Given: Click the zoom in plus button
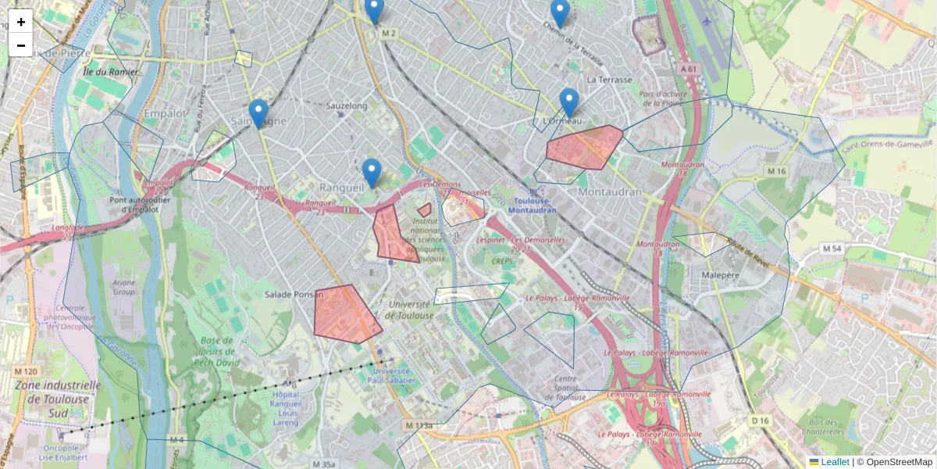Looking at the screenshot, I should [x=21, y=21].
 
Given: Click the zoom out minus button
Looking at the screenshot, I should [x=21, y=45].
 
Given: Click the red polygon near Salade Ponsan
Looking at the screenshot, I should [x=345, y=313].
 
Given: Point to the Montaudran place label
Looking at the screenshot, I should [x=610, y=192].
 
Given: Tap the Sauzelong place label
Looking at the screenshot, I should [x=347, y=106].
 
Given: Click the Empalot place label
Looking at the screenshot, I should [x=166, y=113].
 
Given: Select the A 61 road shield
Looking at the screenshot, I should [x=687, y=69].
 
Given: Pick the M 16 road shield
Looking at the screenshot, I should [x=775, y=171].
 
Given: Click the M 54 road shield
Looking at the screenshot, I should [x=831, y=249].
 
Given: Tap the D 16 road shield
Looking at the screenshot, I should [x=760, y=421].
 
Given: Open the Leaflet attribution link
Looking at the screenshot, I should [x=835, y=462].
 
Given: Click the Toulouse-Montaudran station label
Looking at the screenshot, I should [x=533, y=206].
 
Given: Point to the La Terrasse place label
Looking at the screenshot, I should [x=608, y=80].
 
